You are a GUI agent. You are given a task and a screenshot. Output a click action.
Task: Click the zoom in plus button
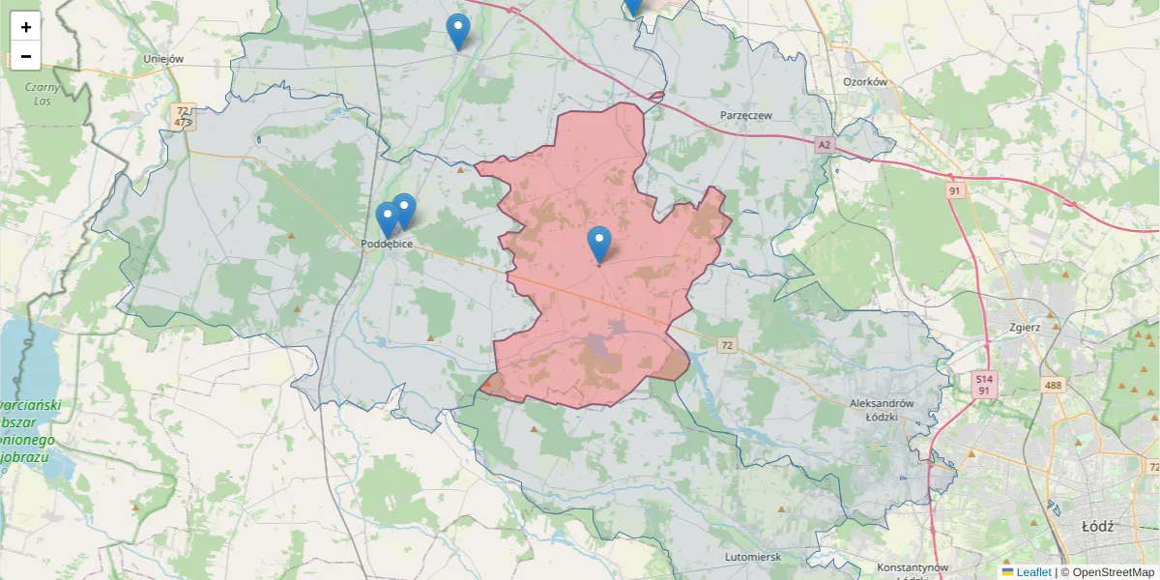click(26, 27)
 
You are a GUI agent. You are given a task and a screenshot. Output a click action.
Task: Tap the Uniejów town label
click(163, 59)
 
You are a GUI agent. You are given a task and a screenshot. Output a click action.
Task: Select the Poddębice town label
click(387, 244)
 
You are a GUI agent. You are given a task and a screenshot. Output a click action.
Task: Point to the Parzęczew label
click(746, 115)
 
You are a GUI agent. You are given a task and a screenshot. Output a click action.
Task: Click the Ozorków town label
click(865, 82)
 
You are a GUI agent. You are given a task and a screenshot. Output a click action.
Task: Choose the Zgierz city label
click(1021, 327)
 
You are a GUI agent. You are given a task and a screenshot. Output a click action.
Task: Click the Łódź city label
click(1098, 527)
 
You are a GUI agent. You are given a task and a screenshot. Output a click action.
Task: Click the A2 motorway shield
click(824, 145)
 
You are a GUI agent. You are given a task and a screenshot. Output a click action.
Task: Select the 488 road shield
click(1053, 385)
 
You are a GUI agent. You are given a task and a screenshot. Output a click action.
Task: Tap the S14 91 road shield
click(983, 385)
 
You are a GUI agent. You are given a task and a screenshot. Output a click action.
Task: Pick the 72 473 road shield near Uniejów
click(183, 117)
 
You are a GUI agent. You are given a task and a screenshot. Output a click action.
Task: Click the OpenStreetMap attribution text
click(1108, 572)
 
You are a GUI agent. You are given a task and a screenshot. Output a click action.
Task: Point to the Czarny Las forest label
click(43, 93)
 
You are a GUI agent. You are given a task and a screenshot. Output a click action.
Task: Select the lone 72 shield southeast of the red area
click(727, 344)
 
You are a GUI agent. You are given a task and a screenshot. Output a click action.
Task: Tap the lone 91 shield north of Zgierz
click(955, 191)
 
